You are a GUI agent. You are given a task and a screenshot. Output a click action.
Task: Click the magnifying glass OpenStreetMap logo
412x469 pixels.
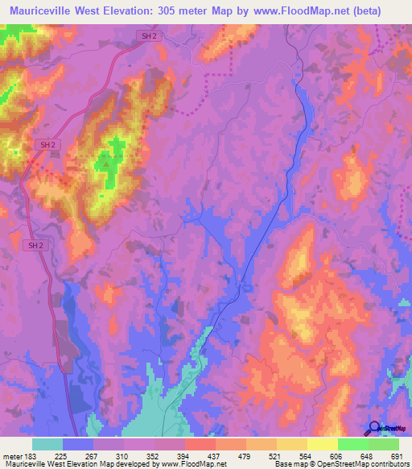pos(375,428)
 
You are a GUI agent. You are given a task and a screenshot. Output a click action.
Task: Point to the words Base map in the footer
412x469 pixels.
pos(286,463)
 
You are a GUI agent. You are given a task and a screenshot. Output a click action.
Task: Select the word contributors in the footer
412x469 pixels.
pos(385,463)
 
